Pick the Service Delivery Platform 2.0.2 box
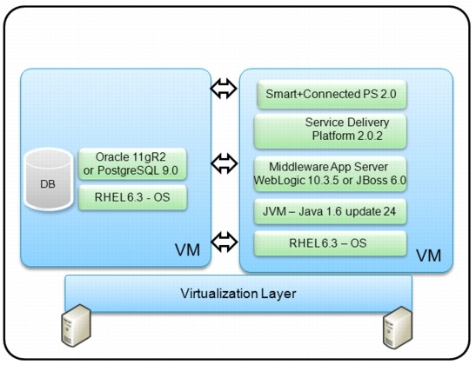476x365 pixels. click(331, 130)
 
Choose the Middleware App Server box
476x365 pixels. click(331, 172)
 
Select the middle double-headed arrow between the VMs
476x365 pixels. click(224, 162)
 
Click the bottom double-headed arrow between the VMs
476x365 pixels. click(224, 239)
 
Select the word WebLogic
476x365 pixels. click(294, 179)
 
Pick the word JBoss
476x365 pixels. click(375, 179)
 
